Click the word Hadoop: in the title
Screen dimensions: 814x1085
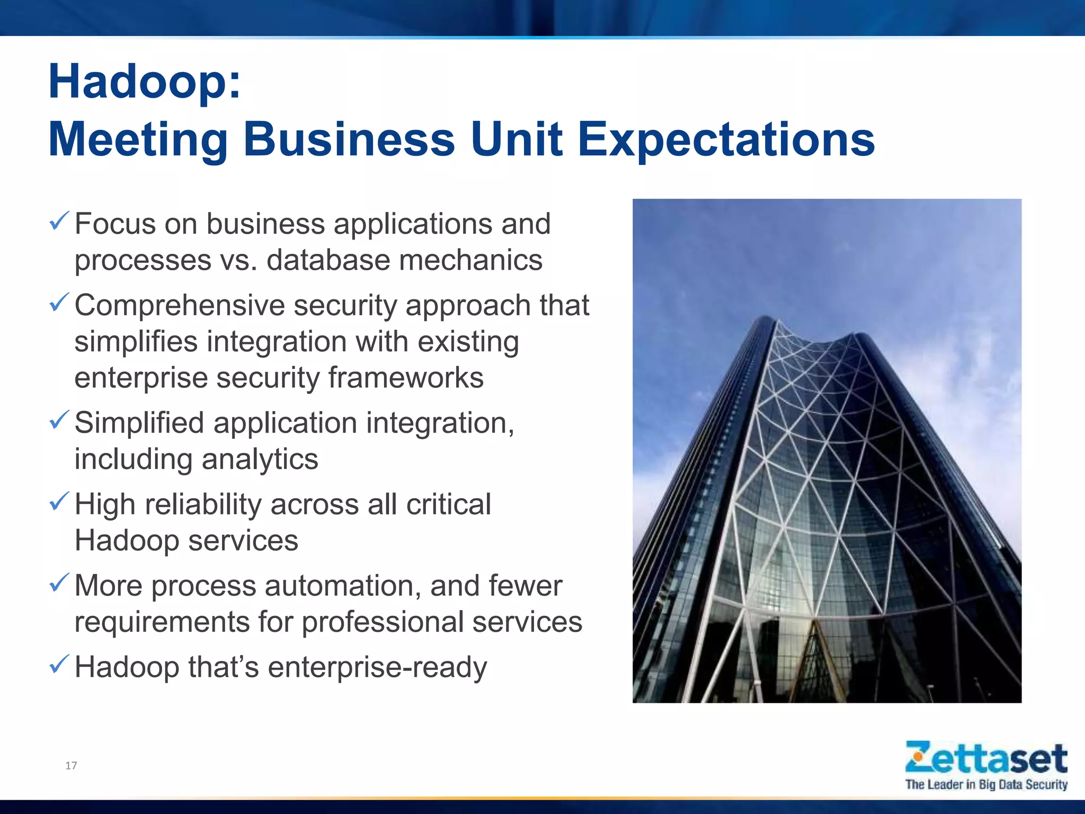click(145, 82)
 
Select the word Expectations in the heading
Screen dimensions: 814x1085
click(726, 139)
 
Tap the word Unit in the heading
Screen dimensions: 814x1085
click(516, 139)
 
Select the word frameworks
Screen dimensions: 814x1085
click(406, 378)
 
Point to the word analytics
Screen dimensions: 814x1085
click(260, 459)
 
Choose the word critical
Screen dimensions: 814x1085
click(449, 504)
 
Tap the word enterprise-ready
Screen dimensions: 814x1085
click(377, 668)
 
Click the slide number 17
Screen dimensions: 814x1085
click(71, 765)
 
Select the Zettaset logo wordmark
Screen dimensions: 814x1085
click(986, 758)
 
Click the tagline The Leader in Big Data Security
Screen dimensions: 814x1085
click(986, 784)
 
